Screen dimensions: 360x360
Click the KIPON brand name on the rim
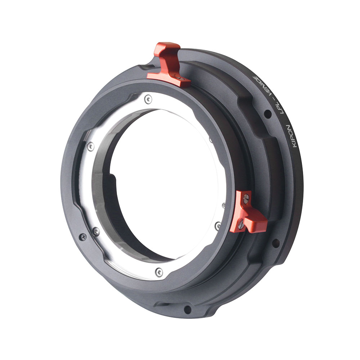tap(293, 136)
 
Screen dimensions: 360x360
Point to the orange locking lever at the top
tap(169, 64)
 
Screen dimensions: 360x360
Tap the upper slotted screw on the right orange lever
tap(246, 197)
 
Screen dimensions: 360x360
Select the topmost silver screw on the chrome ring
tap(148, 99)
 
